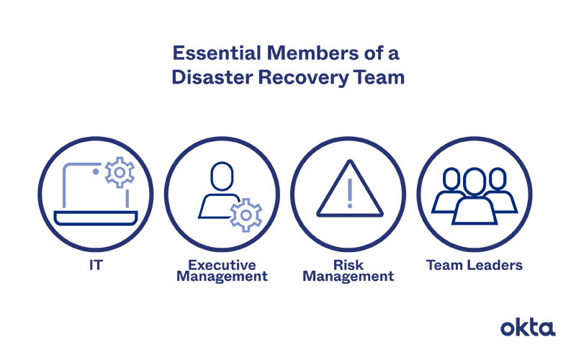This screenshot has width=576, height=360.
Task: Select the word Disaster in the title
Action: tap(208, 77)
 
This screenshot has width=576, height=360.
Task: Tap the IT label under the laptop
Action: tap(95, 265)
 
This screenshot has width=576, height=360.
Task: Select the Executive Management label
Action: tap(222, 271)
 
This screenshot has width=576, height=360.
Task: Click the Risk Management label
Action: tap(348, 271)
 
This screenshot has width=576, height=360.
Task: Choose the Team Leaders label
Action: tap(474, 265)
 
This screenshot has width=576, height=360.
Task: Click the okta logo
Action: tap(528, 328)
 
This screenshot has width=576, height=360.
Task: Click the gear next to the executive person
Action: tap(246, 214)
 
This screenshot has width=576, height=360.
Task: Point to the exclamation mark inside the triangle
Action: tap(349, 194)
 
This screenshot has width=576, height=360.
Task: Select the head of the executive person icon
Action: tap(222, 176)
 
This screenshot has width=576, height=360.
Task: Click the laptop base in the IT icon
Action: tap(95, 218)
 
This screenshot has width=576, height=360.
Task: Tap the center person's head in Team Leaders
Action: tap(474, 181)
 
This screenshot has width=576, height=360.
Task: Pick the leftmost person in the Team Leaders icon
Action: tap(447, 192)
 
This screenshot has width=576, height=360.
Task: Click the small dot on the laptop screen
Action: tap(96, 172)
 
